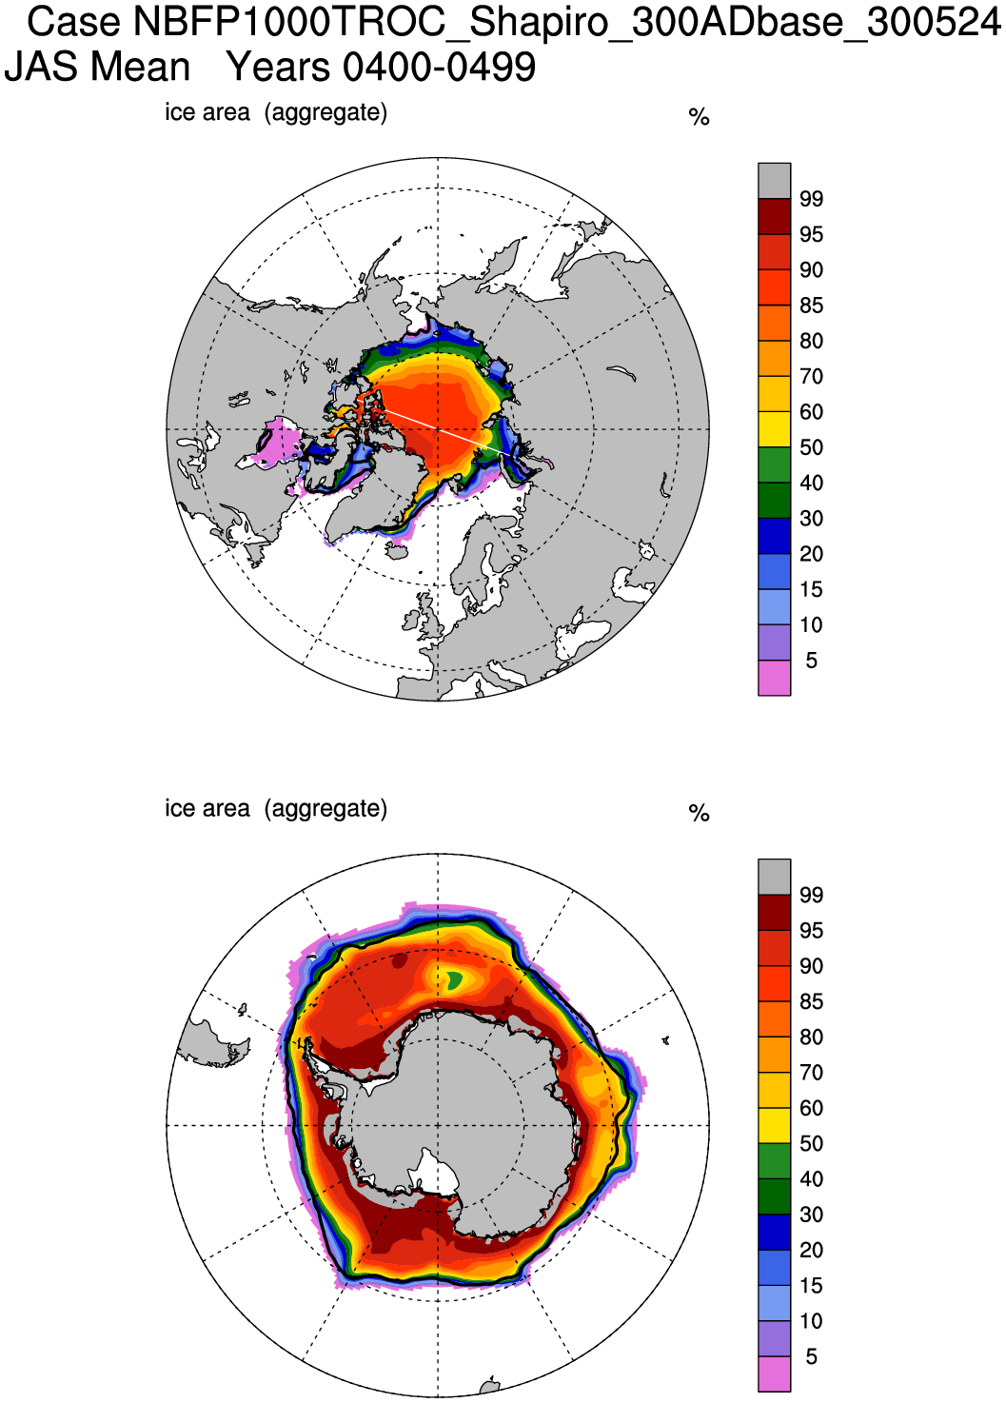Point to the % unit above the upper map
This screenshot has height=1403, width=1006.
pyautogui.click(x=699, y=118)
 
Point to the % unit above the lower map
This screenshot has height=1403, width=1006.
pyautogui.click(x=699, y=814)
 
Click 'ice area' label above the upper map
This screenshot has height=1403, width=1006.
pyautogui.click(x=207, y=112)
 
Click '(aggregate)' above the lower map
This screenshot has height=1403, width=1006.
pyautogui.click(x=326, y=808)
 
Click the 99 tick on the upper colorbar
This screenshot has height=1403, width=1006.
pyautogui.click(x=811, y=199)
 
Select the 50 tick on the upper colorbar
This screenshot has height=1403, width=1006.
pyautogui.click(x=811, y=447)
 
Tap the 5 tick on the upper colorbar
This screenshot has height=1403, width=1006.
pyautogui.click(x=811, y=661)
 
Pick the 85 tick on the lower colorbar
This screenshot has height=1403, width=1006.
pyautogui.click(x=811, y=1001)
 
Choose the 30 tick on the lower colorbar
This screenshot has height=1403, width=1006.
pyautogui.click(x=811, y=1215)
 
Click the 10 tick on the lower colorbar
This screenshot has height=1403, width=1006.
pyautogui.click(x=811, y=1321)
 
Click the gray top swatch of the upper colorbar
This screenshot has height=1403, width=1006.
pyautogui.click(x=774, y=181)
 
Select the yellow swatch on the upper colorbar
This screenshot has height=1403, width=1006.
pyautogui.click(x=774, y=429)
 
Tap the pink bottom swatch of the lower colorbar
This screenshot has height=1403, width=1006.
pyautogui.click(x=774, y=1373)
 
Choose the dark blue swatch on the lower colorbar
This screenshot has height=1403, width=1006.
pyautogui.click(x=774, y=1232)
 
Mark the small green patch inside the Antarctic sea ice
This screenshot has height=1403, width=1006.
pyautogui.click(x=454, y=978)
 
